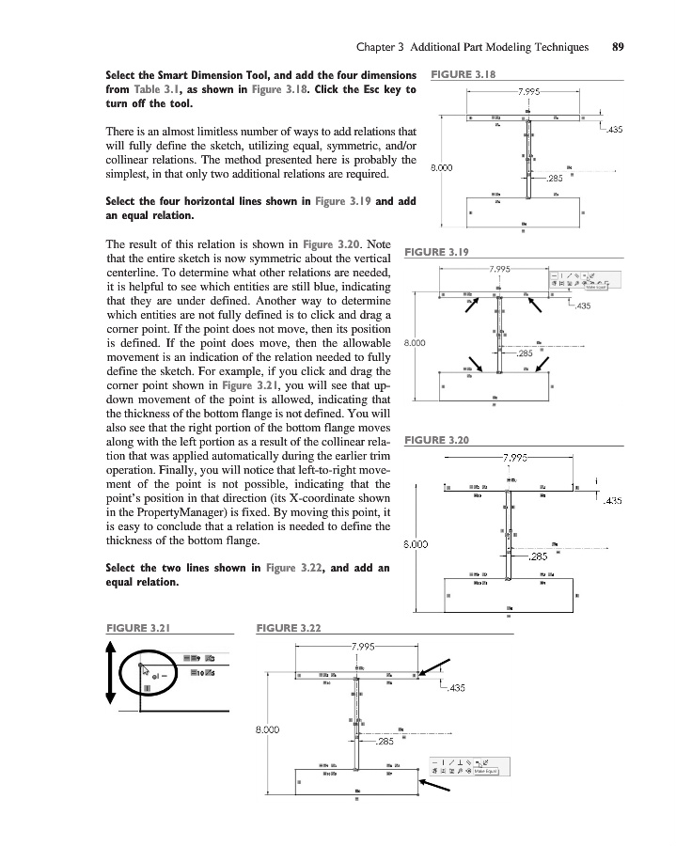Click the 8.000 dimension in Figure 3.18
pos(443,168)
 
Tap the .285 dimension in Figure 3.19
pos(526,353)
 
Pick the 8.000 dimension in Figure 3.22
pos(270,727)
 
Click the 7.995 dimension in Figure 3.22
pos(362,647)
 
